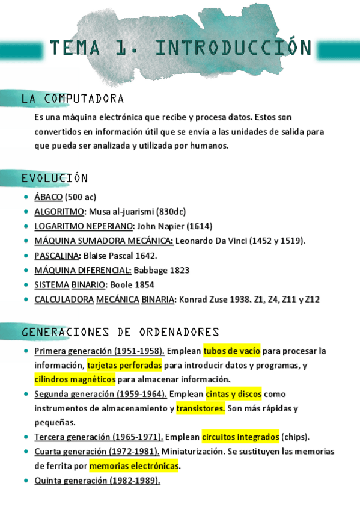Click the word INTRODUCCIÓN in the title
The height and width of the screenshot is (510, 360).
(233, 48)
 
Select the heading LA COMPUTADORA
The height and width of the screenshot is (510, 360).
(73, 98)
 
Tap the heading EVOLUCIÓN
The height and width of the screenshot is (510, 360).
(55, 178)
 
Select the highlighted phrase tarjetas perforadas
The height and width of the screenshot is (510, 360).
(124, 365)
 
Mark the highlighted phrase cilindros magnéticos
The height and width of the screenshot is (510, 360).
(75, 379)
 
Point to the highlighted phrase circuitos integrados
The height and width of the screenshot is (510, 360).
(240, 437)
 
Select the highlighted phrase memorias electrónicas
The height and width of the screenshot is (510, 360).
(135, 465)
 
